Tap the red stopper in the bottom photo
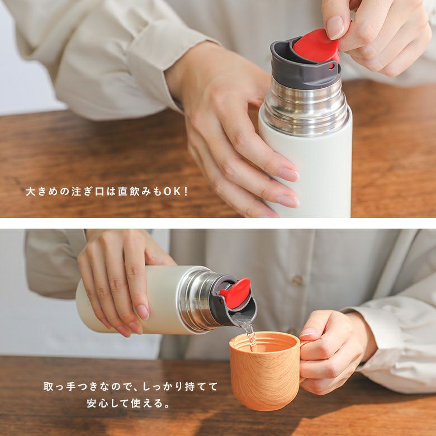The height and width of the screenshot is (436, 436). click(x=235, y=293)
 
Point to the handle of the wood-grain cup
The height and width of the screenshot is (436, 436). click(x=303, y=362)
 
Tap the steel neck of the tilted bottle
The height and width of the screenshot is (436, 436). click(x=196, y=300)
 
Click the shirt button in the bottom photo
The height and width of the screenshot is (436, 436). click(x=298, y=280)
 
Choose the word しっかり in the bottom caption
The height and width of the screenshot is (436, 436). click(x=163, y=386)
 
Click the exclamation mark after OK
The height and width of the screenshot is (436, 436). click(x=186, y=192)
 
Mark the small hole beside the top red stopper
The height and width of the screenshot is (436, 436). click(x=331, y=66)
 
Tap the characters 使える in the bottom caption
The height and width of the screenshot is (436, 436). click(x=142, y=403)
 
